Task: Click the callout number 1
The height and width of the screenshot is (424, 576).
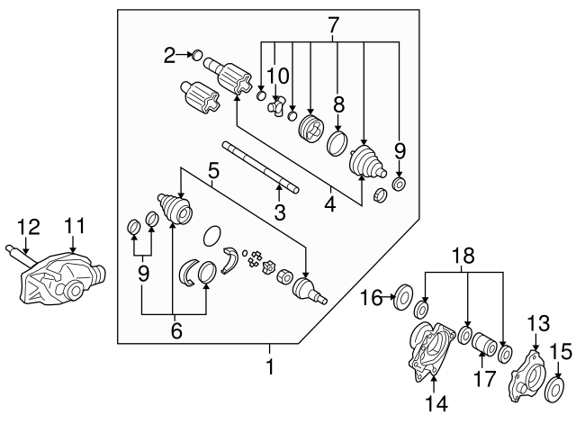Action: click(267, 367)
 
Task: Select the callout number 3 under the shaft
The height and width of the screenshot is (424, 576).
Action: click(280, 212)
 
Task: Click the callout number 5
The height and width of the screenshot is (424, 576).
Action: click(213, 168)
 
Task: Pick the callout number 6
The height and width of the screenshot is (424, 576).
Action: click(176, 330)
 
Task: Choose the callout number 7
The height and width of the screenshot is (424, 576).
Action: click(334, 25)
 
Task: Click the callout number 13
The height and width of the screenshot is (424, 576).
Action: click(536, 322)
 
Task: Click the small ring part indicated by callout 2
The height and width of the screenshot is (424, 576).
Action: click(199, 56)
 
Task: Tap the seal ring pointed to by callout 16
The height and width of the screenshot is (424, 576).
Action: click(404, 293)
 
